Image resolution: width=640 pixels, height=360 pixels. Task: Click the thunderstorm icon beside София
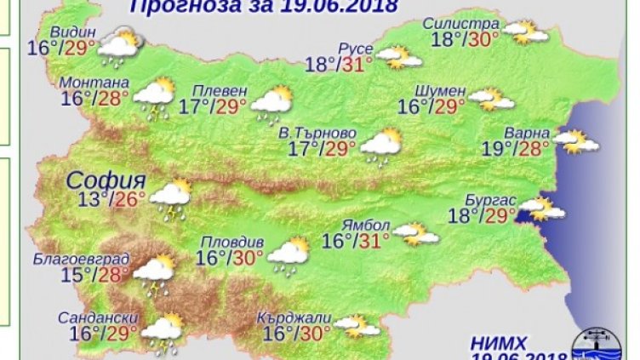pos(171,198)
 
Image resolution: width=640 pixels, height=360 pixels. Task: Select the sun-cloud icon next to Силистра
pos(524,32)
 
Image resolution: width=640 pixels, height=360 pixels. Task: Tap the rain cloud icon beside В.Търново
pos(380,146)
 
